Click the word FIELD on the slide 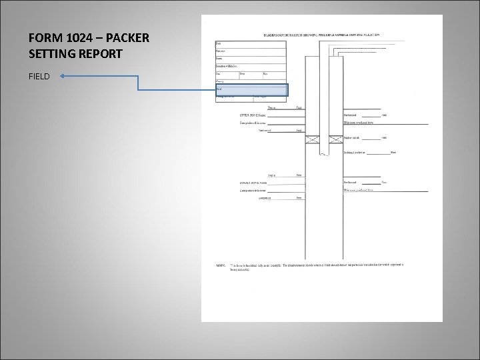[x=39, y=77]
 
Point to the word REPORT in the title [x=98, y=54]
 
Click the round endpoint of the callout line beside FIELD [x=61, y=77]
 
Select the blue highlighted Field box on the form [x=251, y=89]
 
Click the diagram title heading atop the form [x=322, y=34]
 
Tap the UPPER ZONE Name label [x=253, y=115]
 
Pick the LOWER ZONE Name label [x=253, y=183]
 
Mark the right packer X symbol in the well [x=333, y=139]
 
